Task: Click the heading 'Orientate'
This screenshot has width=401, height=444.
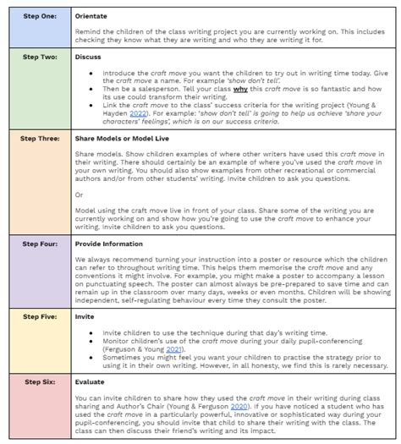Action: [x=91, y=15]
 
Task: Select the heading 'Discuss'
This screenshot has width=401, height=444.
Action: [x=88, y=57]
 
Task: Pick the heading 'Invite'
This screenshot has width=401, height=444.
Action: [x=85, y=315]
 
